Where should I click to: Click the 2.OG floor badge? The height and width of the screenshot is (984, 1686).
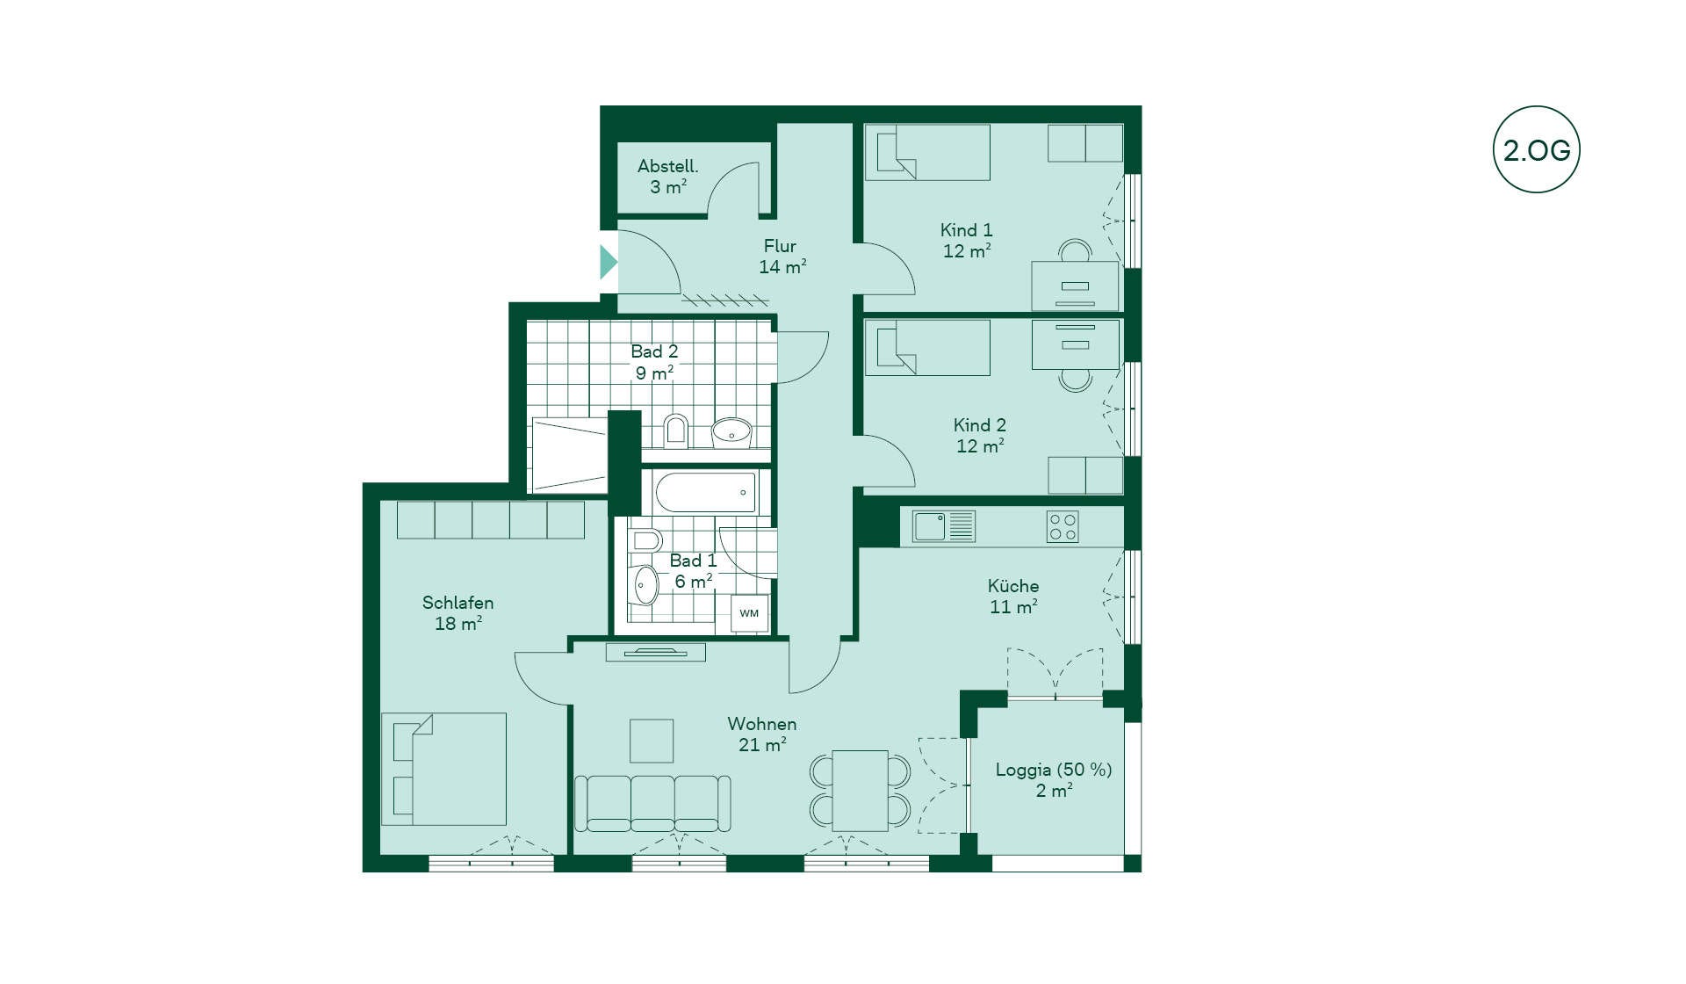click(x=1536, y=149)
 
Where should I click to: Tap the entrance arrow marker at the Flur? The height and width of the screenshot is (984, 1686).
click(x=608, y=262)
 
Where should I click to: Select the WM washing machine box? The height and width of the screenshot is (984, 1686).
click(x=749, y=613)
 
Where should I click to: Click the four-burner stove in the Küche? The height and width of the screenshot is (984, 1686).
click(x=1063, y=527)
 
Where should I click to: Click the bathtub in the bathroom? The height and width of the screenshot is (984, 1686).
click(x=705, y=493)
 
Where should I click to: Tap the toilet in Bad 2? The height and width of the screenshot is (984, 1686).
click(x=675, y=430)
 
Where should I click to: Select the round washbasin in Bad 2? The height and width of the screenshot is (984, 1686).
click(x=731, y=431)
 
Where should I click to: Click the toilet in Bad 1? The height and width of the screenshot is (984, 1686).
click(x=645, y=539)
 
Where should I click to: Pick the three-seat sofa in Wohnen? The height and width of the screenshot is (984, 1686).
click(x=652, y=803)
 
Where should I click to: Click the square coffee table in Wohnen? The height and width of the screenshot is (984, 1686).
click(x=652, y=741)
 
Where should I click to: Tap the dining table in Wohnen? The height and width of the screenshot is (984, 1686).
click(x=860, y=790)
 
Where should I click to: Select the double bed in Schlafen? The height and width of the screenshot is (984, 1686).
click(x=443, y=769)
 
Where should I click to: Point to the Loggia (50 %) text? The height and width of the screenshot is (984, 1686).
click(x=1054, y=770)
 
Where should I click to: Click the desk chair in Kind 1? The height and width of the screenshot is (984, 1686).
click(x=1075, y=251)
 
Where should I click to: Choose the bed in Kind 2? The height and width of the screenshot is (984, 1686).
click(x=927, y=347)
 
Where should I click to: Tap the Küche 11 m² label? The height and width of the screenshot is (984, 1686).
click(x=1013, y=597)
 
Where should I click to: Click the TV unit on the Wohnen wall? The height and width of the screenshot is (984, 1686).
click(x=655, y=652)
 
